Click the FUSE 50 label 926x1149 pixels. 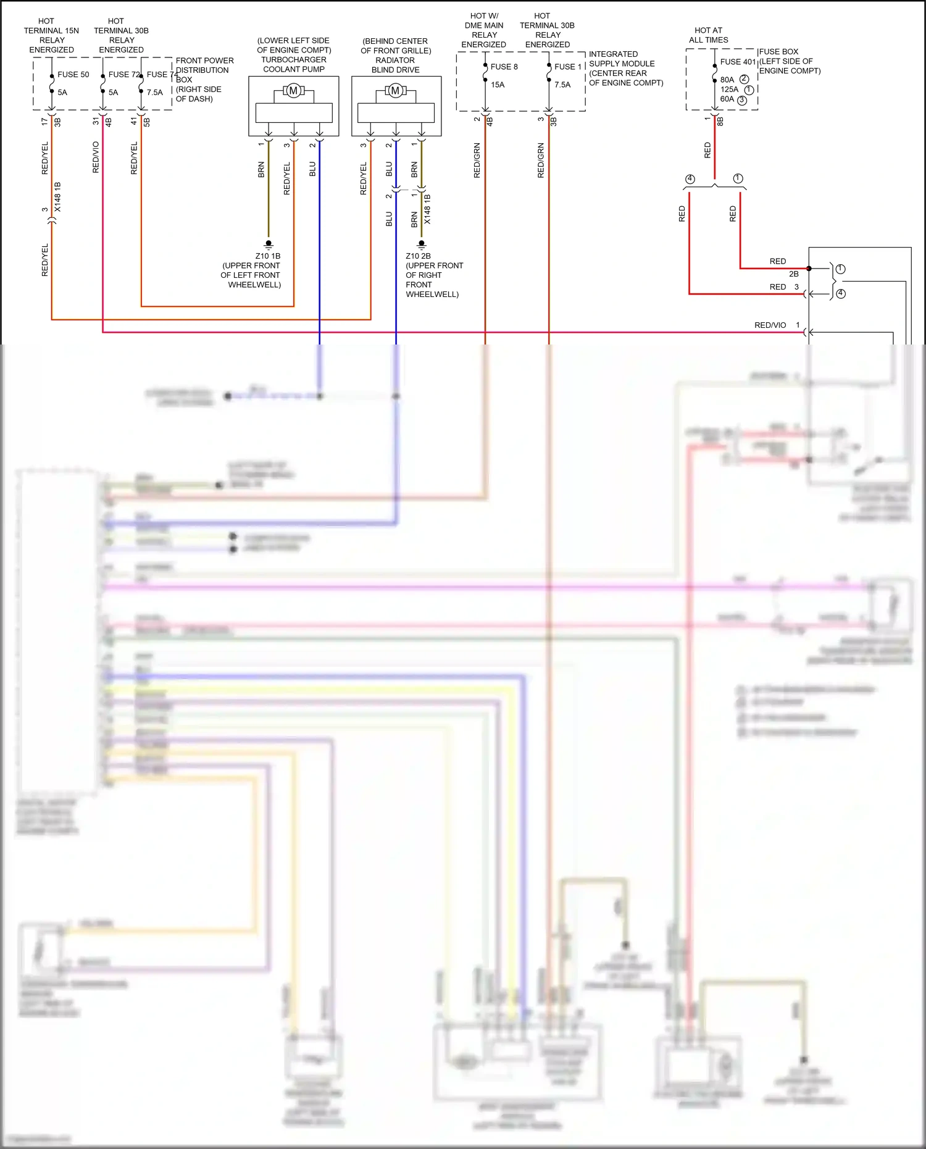73,75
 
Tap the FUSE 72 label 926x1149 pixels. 123,75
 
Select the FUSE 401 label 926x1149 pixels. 738,62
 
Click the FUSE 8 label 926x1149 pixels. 504,67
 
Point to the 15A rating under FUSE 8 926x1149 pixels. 498,85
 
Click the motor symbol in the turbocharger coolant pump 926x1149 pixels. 293,91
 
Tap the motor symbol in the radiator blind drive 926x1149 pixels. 395,91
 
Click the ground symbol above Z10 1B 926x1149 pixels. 269,244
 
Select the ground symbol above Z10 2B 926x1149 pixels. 422,244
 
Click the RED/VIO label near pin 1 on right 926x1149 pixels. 770,325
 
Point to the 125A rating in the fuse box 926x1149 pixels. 729,90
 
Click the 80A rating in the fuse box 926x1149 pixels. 727,80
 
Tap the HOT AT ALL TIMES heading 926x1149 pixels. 708,35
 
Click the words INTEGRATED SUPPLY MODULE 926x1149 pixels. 622,59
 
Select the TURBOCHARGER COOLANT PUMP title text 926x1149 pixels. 294,64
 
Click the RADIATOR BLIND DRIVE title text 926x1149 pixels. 395,65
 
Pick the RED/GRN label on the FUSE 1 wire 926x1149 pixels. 541,161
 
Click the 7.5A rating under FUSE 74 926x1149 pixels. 155,93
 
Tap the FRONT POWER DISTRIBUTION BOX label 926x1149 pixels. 204,70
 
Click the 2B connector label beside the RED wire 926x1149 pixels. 793,274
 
